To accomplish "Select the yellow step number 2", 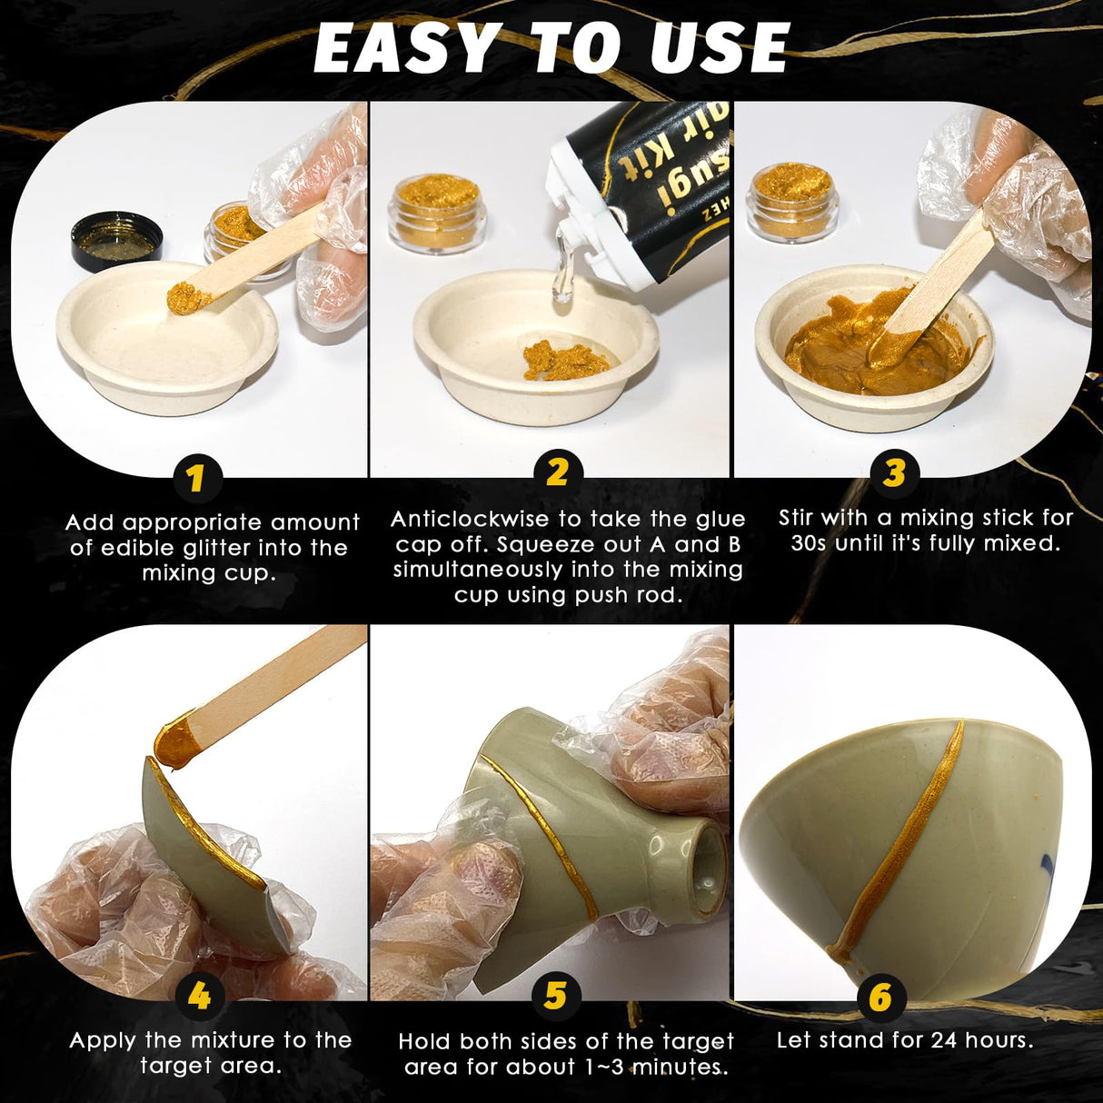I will (557, 472).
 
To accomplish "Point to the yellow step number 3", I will (894, 472).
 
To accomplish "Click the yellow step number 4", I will (199, 997).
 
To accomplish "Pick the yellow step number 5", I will (555, 997).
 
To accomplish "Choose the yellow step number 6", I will (879, 997).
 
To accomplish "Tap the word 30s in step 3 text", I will (801, 544).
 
